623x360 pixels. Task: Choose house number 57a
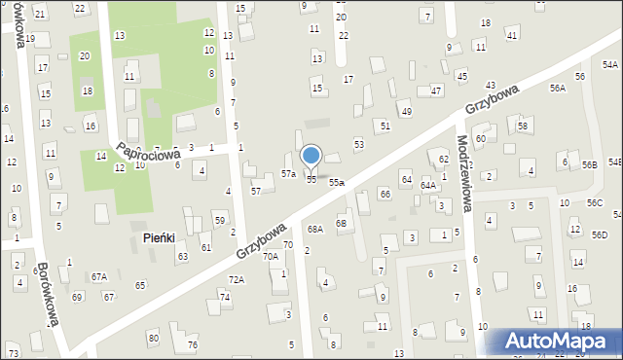288,173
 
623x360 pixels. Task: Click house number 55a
337,182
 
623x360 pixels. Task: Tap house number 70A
270,257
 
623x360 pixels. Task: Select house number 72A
237,280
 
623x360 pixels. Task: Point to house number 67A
99,277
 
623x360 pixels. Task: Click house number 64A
427,185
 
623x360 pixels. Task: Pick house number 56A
557,88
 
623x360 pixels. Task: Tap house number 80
153,338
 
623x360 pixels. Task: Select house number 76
193,345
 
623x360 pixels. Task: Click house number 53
358,144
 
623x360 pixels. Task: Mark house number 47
435,90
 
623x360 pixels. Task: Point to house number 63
182,257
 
